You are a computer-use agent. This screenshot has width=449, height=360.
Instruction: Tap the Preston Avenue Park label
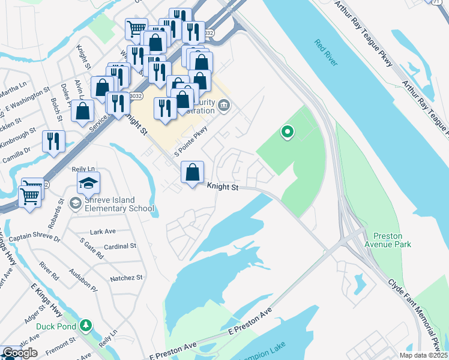pos(391,240)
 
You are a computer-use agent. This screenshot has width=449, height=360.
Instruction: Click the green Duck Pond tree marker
pos(86,326)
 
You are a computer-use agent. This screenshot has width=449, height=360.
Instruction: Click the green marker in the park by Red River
pos(288,131)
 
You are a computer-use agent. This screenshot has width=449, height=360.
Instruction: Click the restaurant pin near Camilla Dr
pos(54,142)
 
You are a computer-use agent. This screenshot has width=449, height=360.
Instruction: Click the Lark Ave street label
pos(102,232)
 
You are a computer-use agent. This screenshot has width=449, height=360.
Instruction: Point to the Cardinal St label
pos(119,246)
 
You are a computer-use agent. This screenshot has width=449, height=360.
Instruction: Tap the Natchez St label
pos(126,278)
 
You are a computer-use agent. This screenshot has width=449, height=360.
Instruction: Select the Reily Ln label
pos(83,170)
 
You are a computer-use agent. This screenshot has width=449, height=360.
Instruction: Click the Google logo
pos(20,353)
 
